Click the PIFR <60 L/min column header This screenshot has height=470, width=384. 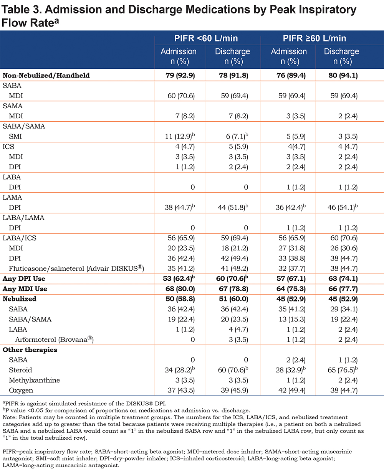(x=206, y=38)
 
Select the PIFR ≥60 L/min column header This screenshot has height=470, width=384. (x=314, y=38)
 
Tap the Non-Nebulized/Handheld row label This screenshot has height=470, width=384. (x=46, y=75)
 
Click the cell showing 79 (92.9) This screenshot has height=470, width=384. (x=180, y=75)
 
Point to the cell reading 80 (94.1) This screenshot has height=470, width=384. (x=343, y=75)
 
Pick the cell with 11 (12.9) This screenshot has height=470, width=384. (x=180, y=136)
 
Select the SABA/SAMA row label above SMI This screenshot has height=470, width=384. (x=24, y=126)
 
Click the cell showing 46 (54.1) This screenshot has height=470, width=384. (x=343, y=207)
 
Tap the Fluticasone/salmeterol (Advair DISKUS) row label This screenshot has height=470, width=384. (x=76, y=268)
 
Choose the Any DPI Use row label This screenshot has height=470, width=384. (x=24, y=278)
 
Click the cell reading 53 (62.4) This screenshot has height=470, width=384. (x=179, y=278)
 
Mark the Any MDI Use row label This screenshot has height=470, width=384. (x=25, y=289)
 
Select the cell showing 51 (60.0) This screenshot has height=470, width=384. (x=233, y=299)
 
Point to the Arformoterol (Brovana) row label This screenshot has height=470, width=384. (x=55, y=339)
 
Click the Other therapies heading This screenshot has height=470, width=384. (x=30, y=350)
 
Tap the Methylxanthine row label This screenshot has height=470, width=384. (x=34, y=380)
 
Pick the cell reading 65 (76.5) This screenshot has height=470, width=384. (x=343, y=370)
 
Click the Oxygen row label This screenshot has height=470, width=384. (x=21, y=391)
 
